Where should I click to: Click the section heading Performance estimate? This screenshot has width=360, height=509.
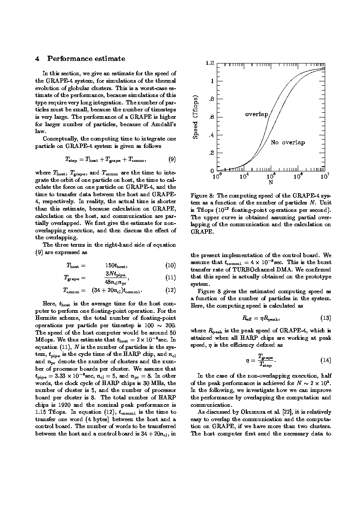point(86,59)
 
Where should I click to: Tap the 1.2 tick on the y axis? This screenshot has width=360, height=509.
point(209,64)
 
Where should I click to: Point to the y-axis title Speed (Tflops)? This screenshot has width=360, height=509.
point(195,117)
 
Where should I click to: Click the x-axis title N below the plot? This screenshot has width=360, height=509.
point(270,182)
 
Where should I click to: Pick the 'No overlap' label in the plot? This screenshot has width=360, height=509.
point(288,143)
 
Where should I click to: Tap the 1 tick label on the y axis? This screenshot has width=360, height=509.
point(212,81)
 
